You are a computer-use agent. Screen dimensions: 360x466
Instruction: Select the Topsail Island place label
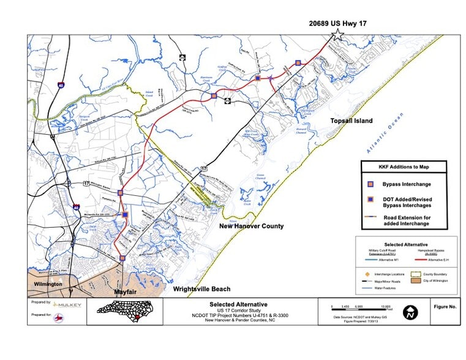click(351, 121)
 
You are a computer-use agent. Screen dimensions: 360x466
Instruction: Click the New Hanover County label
click(252, 227)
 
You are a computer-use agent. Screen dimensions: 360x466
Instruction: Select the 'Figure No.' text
click(444, 304)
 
